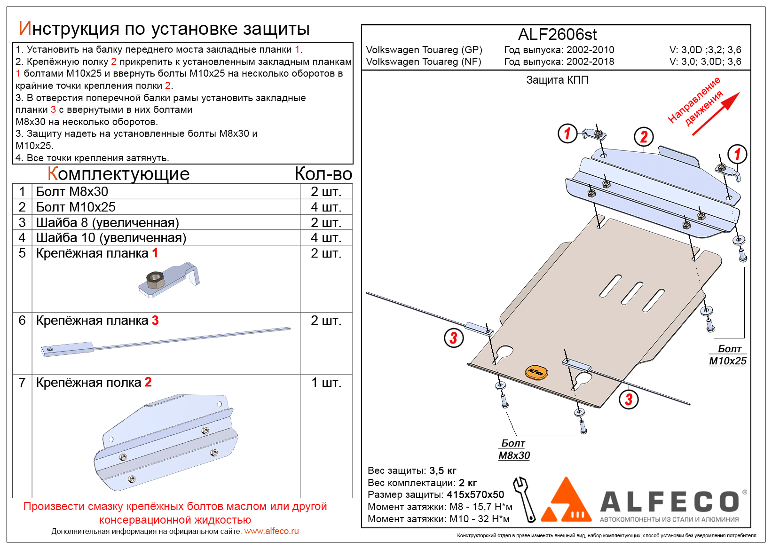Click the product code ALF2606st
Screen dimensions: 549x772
tap(557, 35)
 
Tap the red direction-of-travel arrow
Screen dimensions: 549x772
tap(716, 114)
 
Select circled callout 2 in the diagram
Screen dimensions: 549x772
tap(644, 137)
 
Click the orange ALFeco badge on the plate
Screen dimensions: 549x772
tap(536, 372)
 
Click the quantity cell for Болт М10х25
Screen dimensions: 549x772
tap(326, 207)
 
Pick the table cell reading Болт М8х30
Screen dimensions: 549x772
tap(72, 192)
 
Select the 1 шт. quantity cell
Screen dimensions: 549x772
tap(326, 383)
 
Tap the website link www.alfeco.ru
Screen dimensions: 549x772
tap(271, 531)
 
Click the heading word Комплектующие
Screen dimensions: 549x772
tap(118, 174)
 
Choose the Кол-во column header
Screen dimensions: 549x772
tap(323, 174)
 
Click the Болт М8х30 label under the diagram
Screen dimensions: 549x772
tap(514, 450)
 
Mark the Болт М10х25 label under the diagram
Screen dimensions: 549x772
tap(728, 355)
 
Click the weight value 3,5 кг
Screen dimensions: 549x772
tap(442, 471)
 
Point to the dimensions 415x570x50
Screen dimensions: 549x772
tap(475, 494)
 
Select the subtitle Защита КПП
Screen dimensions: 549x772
tap(557, 80)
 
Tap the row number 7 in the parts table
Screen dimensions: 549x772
tap(22, 383)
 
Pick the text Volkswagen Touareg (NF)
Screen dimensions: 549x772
tap(424, 62)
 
